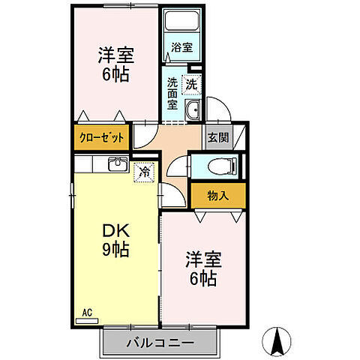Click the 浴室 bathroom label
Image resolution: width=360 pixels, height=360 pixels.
pyautogui.click(x=182, y=46)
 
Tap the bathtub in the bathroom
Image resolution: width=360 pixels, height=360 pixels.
pyautogui.click(x=182, y=23)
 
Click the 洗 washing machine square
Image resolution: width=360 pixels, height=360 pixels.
pyautogui.click(x=192, y=85)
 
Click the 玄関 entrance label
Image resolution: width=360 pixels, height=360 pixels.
pyautogui.click(x=218, y=138)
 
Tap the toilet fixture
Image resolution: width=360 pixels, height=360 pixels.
pyautogui.click(x=221, y=165)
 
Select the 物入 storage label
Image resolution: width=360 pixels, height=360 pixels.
pyautogui.click(x=217, y=196)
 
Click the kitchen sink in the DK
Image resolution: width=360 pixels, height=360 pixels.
pyautogui.click(x=118, y=165)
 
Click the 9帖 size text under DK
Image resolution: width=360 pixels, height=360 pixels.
pyautogui.click(x=115, y=250)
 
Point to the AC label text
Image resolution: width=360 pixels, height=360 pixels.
pyautogui.click(x=86, y=311)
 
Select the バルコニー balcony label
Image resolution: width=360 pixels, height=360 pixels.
pyautogui.click(x=159, y=343)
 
